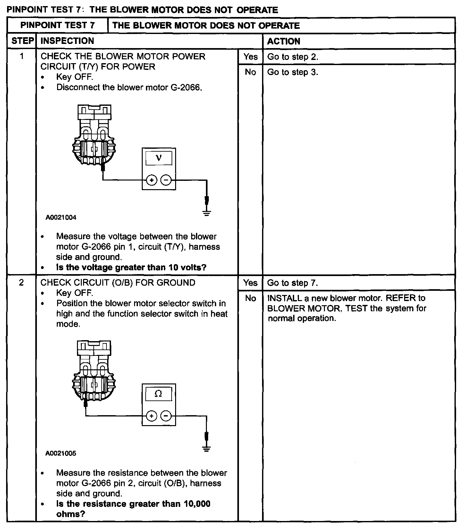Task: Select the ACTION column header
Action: (284, 41)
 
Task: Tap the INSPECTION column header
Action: (67, 41)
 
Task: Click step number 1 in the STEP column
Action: (21, 57)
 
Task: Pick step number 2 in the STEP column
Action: (21, 283)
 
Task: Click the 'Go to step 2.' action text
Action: (293, 57)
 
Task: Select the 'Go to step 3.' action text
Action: (293, 72)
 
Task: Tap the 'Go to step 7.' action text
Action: (293, 283)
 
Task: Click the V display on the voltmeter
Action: (159, 158)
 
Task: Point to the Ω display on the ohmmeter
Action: (158, 394)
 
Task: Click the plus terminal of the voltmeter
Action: (151, 181)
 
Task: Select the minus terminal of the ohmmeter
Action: (166, 416)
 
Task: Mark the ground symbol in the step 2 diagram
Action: (207, 449)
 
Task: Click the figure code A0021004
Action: (61, 218)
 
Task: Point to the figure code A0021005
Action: (61, 454)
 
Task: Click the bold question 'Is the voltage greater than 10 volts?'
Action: (131, 267)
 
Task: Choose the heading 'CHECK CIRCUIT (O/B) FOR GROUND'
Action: (118, 283)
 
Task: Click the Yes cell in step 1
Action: (250, 57)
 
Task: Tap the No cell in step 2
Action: (250, 298)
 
